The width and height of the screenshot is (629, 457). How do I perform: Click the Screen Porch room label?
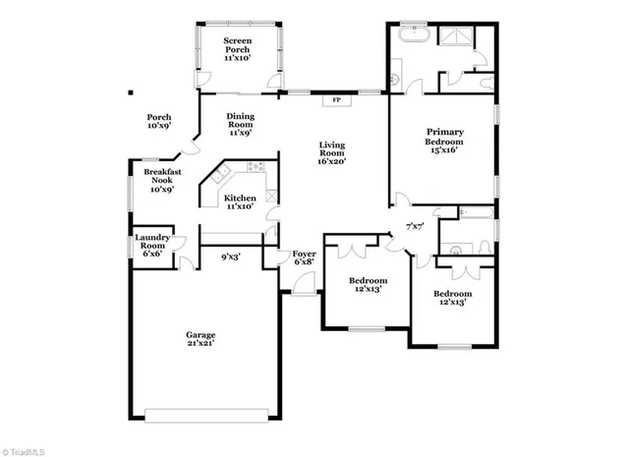pyautogui.click(x=236, y=48)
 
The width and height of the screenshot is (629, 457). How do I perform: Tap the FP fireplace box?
pyautogui.click(x=336, y=99)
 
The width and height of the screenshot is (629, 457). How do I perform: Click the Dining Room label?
pyautogui.click(x=241, y=124)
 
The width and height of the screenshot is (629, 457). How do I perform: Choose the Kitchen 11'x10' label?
pyautogui.click(x=241, y=201)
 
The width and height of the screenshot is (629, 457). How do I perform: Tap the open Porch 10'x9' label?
pyautogui.click(x=159, y=121)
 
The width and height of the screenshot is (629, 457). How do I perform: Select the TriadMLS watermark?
pyautogui.click(x=27, y=449)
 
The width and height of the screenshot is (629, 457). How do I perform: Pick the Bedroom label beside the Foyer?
pyautogui.click(x=366, y=285)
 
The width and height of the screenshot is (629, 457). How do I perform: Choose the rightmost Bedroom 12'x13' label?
pyautogui.click(x=453, y=298)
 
